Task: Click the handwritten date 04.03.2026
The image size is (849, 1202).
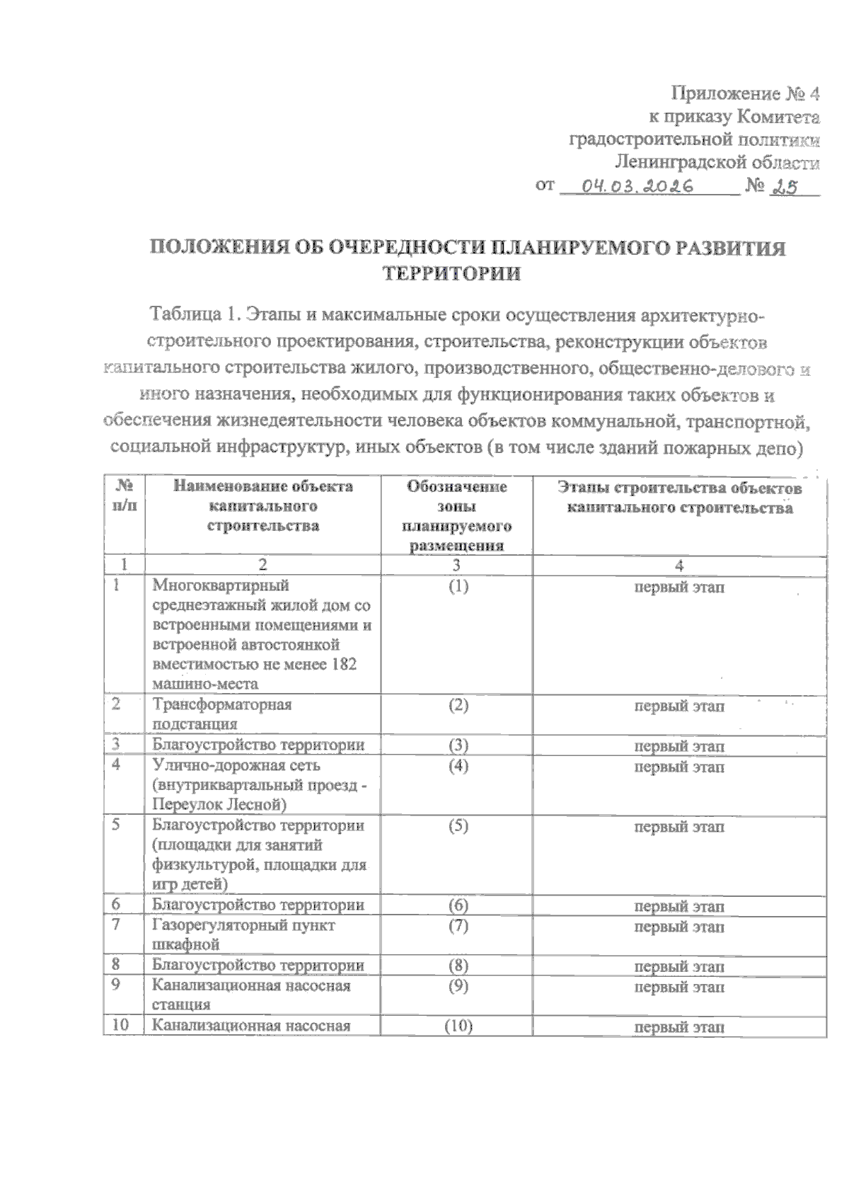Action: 635,186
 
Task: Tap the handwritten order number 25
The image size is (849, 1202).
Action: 782,186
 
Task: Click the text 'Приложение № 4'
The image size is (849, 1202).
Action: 745,93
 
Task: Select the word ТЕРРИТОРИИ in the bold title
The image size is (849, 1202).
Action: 451,273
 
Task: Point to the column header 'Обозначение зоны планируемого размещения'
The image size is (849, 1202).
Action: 456,516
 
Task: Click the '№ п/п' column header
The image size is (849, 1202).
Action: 124,496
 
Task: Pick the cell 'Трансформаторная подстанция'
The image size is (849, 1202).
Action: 222,714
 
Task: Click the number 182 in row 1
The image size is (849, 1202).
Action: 343,664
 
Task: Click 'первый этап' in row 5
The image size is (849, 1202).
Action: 678,826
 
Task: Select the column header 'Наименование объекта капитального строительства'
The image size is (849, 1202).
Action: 262,505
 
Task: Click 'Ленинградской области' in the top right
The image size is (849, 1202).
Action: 717,163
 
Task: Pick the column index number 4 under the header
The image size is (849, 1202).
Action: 678,565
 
